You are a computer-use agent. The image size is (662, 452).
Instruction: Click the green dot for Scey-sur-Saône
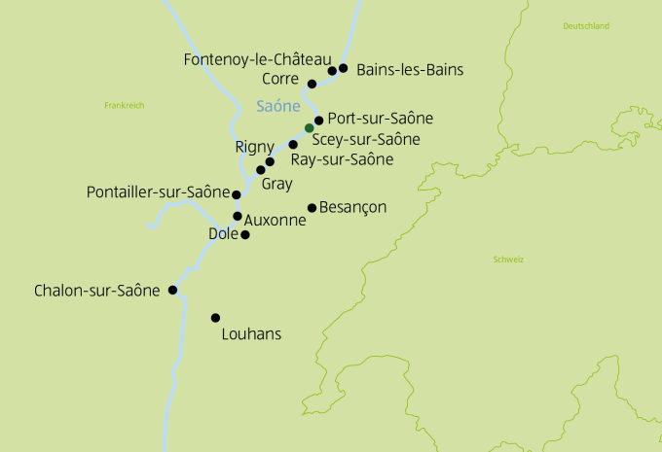(309, 128)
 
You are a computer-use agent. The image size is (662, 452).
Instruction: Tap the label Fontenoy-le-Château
(257, 60)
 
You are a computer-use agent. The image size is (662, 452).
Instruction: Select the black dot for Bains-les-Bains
(343, 68)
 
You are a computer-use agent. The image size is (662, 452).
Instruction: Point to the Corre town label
(282, 79)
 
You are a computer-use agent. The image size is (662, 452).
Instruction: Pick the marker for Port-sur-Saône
(318, 121)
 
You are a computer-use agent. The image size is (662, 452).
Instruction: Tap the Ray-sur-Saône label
(342, 158)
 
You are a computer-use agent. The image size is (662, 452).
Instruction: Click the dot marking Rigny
(270, 161)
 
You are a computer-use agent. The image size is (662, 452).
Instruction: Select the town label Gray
(276, 183)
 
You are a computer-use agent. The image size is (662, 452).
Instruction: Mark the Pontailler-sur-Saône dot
(237, 194)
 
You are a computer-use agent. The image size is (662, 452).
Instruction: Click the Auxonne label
(276, 220)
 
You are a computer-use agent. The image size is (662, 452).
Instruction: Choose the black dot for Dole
(245, 234)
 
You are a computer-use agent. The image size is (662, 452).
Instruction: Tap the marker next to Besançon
(312, 207)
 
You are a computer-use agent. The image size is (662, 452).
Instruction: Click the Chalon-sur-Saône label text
(96, 291)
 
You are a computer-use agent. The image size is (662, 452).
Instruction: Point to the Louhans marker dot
(215, 318)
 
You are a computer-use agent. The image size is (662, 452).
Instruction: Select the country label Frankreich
(124, 104)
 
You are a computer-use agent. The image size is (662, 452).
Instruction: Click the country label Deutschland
(586, 26)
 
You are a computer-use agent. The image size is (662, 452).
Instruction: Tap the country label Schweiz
(509, 260)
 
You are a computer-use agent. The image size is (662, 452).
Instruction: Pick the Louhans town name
(251, 334)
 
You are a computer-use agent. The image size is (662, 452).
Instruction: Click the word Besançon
(353, 207)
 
